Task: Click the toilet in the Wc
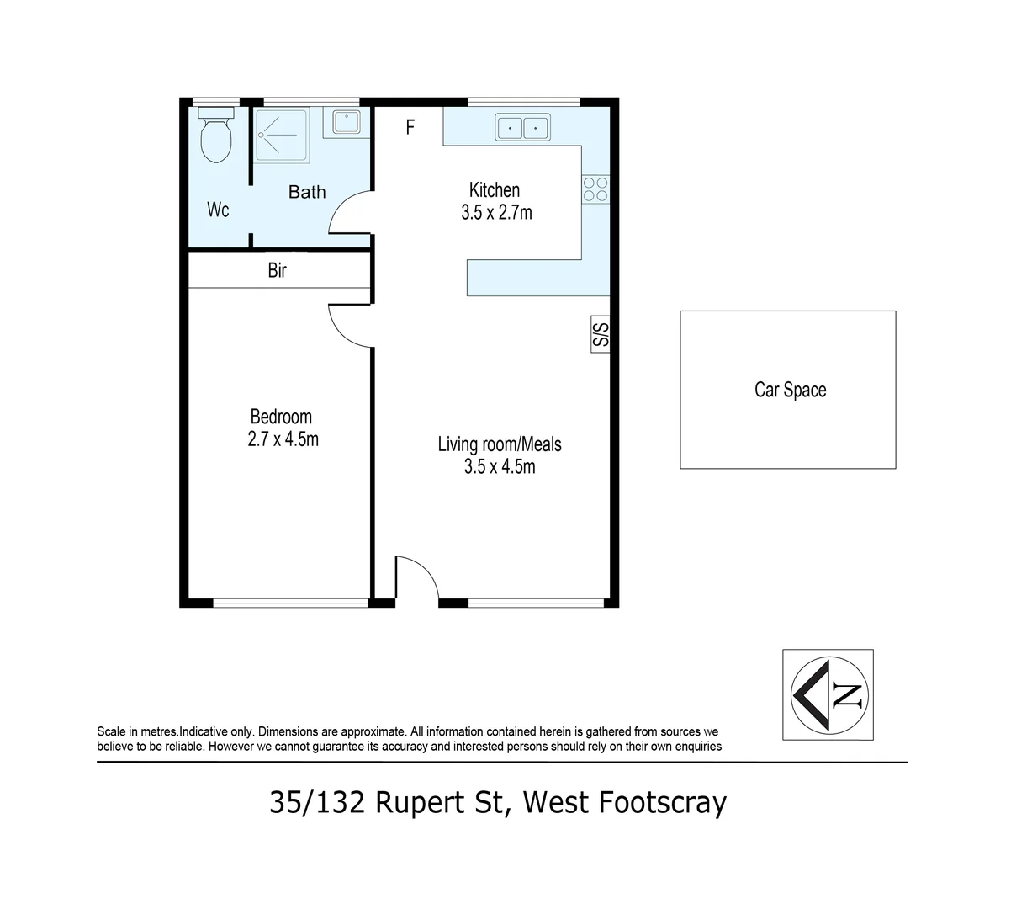(x=216, y=135)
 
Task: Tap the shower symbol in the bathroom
(x=282, y=136)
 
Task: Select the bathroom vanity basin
(x=347, y=122)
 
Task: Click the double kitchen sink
(x=522, y=127)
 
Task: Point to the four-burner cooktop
(x=595, y=189)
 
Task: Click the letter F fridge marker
(x=410, y=127)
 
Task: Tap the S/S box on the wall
(x=601, y=334)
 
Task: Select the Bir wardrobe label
(x=277, y=270)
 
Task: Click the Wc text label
(x=218, y=210)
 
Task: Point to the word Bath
(x=307, y=192)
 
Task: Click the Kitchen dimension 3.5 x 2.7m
(x=496, y=213)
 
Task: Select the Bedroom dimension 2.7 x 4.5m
(x=283, y=439)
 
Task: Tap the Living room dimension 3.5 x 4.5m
(x=500, y=467)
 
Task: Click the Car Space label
(x=791, y=390)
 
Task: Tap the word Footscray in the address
(x=662, y=803)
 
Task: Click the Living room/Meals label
(x=500, y=444)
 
